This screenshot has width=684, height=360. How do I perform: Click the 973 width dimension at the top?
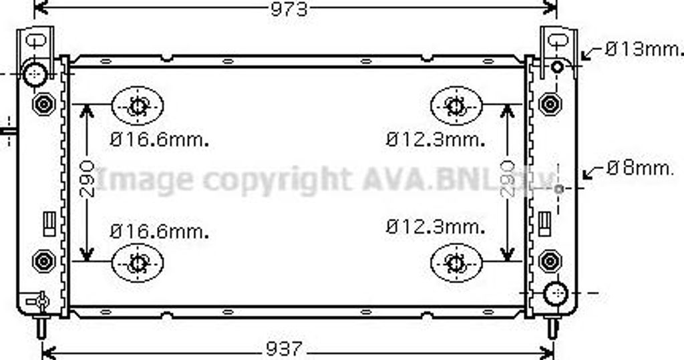click(x=289, y=9)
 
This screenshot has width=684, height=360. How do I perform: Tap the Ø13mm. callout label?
click(x=645, y=49)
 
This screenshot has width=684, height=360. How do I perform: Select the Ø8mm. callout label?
click(x=641, y=168)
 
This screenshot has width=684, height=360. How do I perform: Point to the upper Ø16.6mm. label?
click(x=160, y=140)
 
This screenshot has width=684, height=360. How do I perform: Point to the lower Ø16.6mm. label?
click(x=160, y=231)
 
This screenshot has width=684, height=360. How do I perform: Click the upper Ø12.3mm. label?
click(x=436, y=140)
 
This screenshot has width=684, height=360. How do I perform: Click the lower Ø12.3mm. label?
click(x=436, y=226)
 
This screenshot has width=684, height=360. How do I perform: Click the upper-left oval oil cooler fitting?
click(x=138, y=106)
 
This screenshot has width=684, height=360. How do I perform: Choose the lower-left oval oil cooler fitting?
click(x=138, y=262)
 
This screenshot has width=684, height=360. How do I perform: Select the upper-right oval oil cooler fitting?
click(x=456, y=106)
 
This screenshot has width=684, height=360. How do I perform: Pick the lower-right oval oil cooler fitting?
click(x=456, y=262)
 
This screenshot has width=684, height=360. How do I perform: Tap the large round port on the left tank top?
click(x=34, y=73)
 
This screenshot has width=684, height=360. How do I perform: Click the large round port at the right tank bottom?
click(x=555, y=293)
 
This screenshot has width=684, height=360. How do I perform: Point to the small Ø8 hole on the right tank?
click(x=560, y=189)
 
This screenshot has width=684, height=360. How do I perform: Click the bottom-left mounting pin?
click(x=41, y=327)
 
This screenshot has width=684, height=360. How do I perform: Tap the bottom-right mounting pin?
click(x=552, y=327)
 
